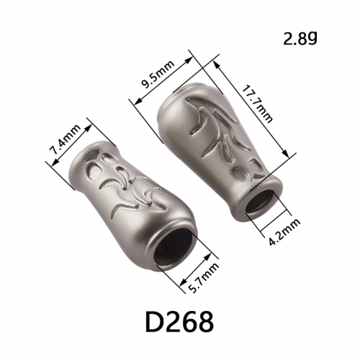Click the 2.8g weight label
[300, 38]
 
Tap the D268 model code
[179, 322]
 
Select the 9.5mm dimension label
[157, 75]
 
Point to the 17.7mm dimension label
[257, 104]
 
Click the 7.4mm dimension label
[65, 140]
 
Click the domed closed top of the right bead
[182, 96]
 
